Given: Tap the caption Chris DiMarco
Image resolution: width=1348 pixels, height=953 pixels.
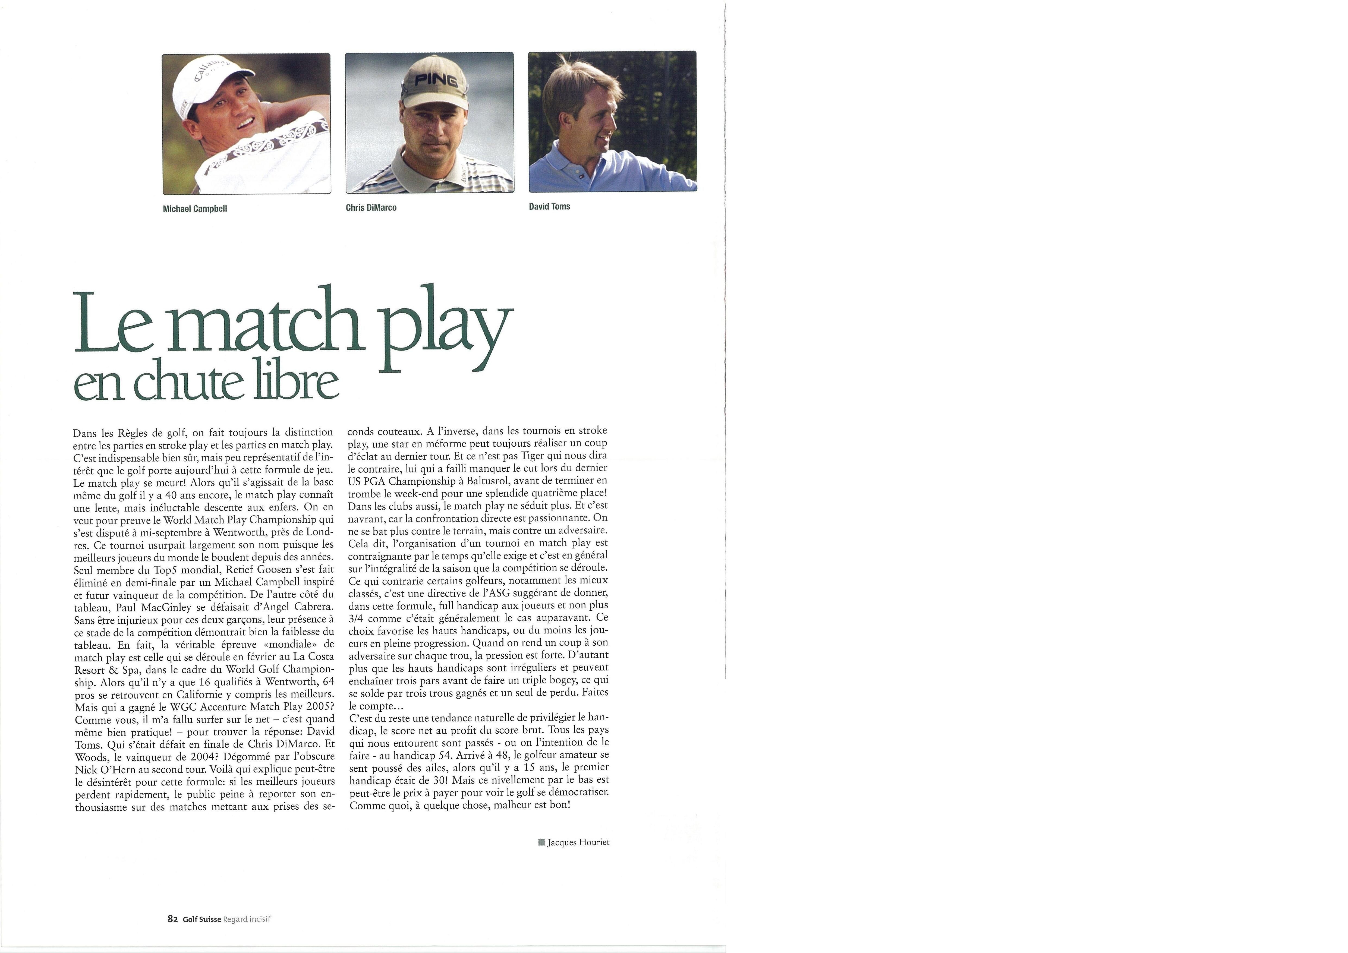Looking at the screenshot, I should coord(371,208).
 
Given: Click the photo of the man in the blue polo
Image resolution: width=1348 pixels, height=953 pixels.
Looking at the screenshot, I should coord(612,122).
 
